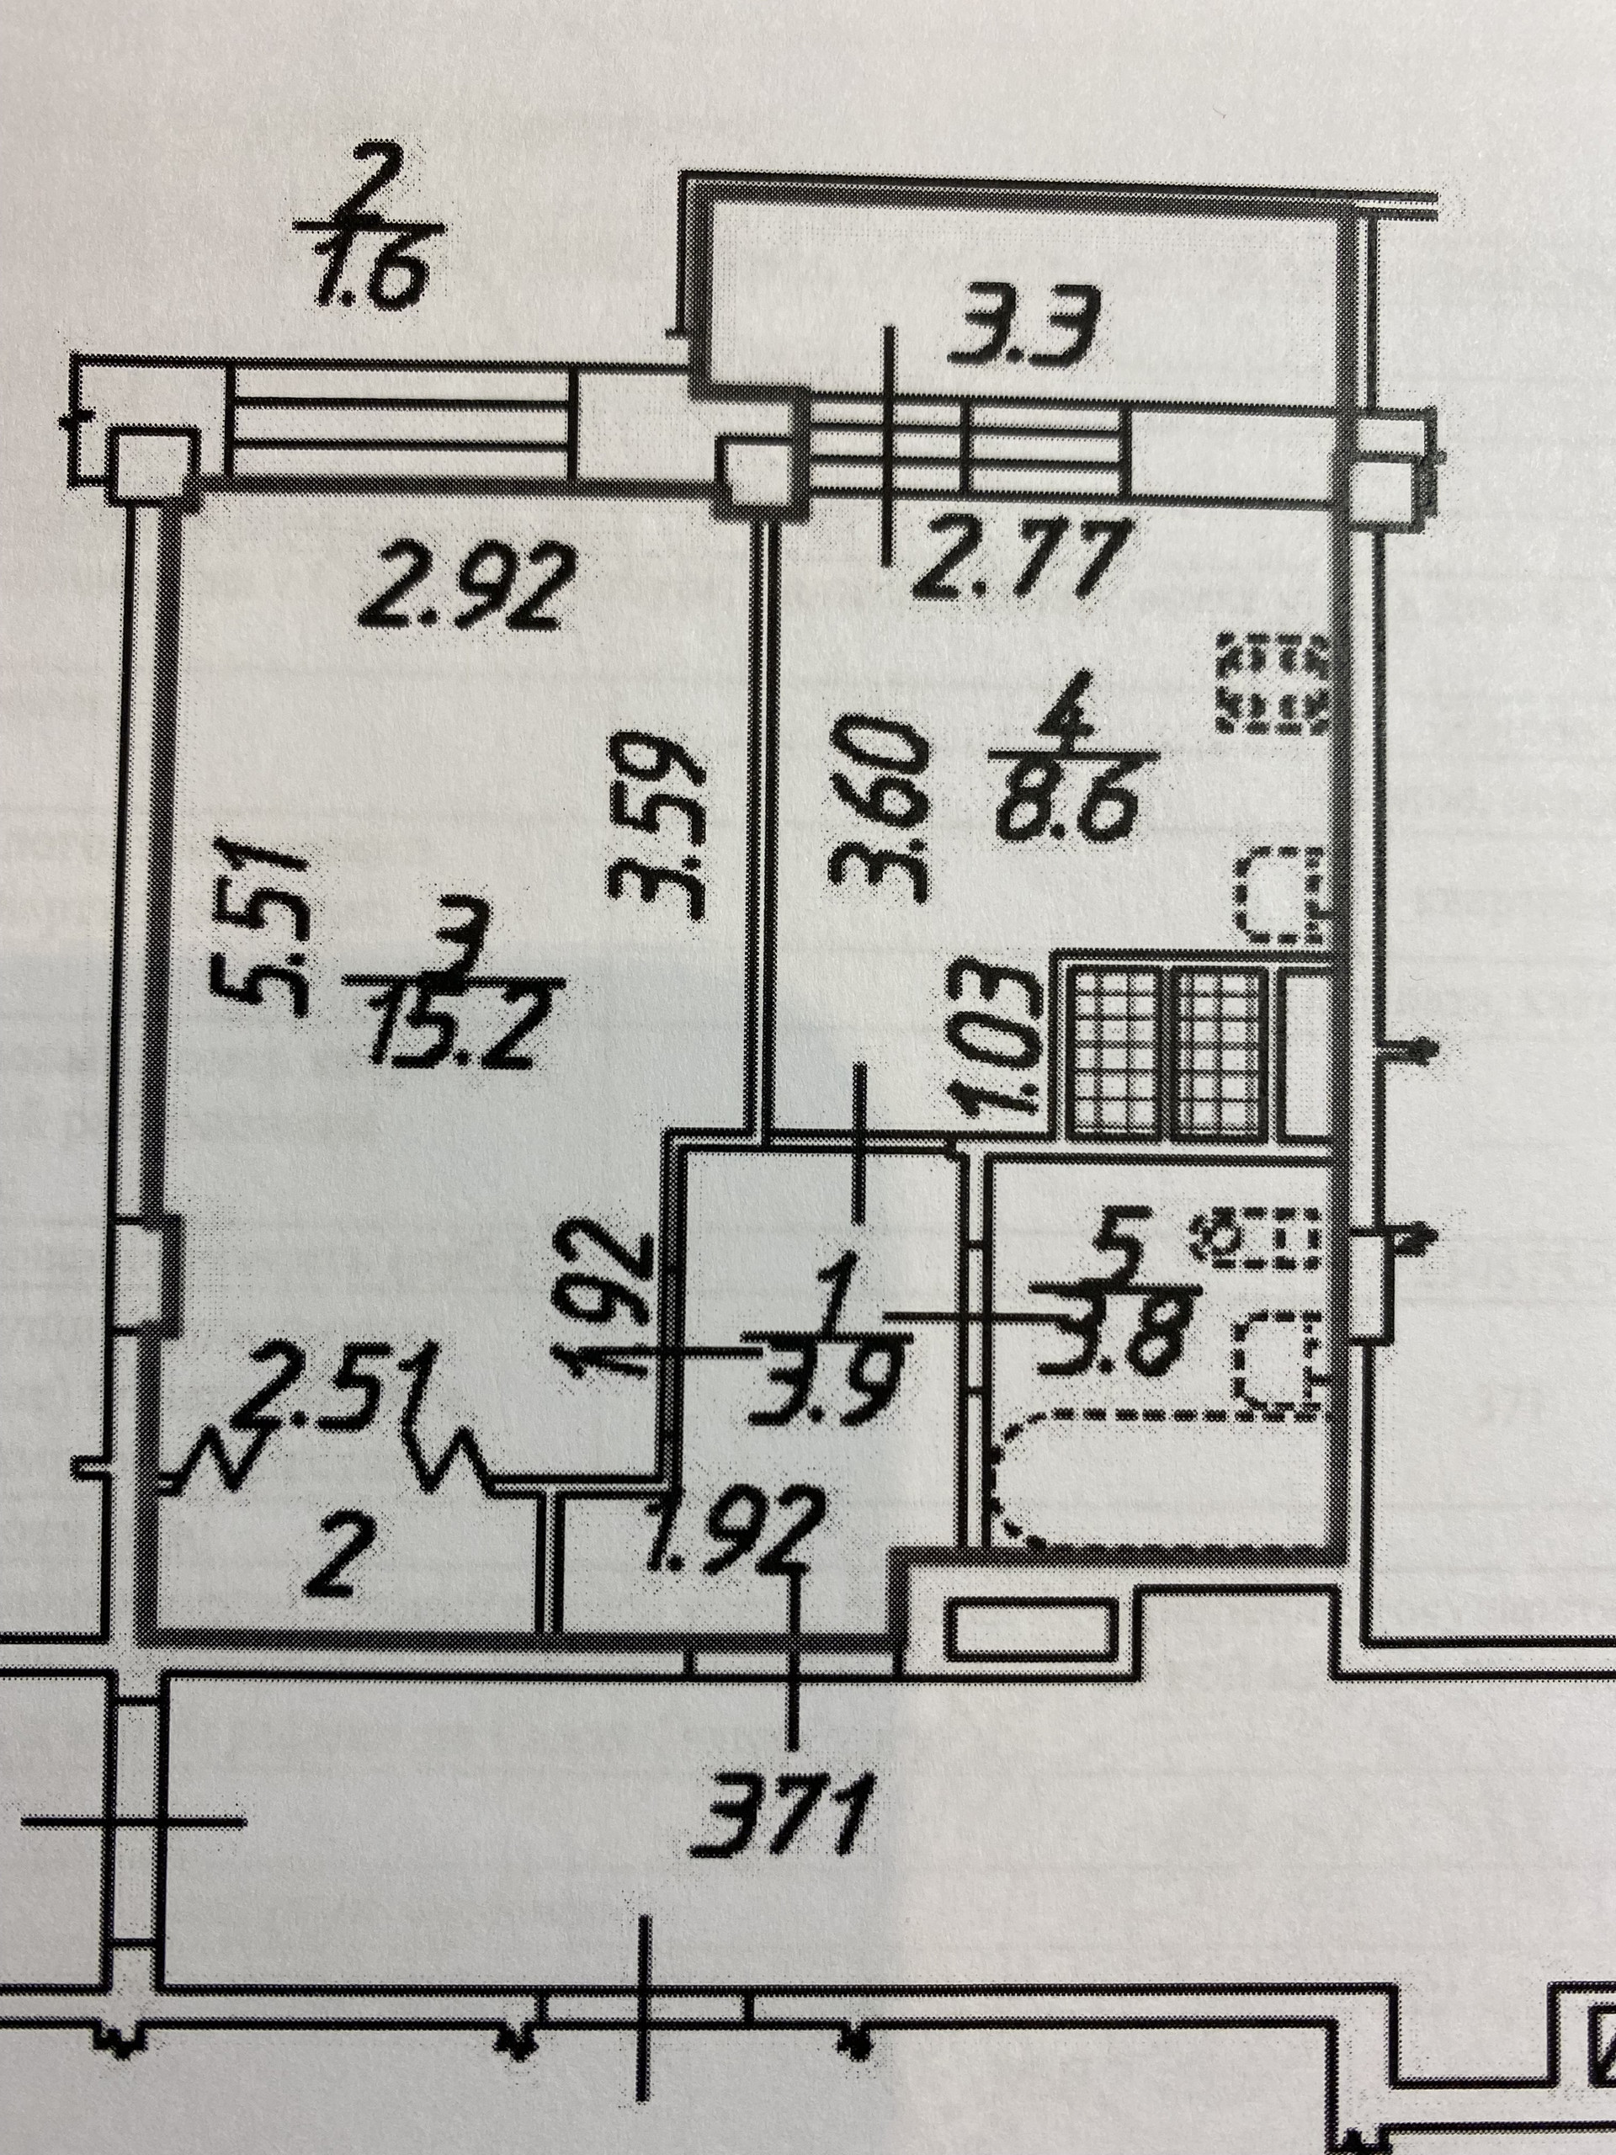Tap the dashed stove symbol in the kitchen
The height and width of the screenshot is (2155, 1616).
1275,683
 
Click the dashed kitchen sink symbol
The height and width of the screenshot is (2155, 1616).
1280,894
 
